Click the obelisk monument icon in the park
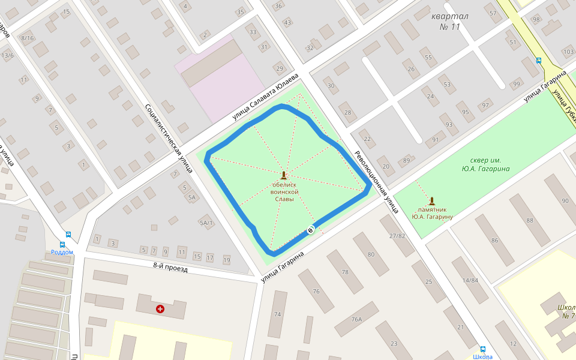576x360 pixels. (284, 176)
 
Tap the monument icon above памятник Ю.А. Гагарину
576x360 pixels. (432, 201)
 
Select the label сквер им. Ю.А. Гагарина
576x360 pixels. (486, 164)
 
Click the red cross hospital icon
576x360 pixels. (160, 309)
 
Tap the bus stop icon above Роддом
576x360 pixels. (68, 235)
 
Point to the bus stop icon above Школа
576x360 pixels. (482, 349)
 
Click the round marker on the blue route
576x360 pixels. (310, 230)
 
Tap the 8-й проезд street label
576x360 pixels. (170, 268)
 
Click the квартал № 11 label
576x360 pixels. (449, 22)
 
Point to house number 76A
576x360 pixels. (357, 319)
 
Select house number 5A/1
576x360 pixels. (206, 223)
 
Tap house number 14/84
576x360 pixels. (470, 280)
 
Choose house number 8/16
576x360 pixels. (28, 38)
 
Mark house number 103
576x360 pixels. (568, 52)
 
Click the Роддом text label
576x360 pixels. (62, 252)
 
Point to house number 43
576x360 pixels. (287, 23)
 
